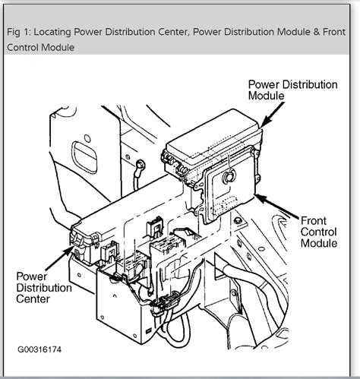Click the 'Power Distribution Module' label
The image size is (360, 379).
[292, 90]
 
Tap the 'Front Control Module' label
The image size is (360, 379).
[319, 232]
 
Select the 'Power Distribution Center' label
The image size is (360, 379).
[44, 288]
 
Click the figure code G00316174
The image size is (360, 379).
[39, 349]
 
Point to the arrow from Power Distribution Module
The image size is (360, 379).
[273, 115]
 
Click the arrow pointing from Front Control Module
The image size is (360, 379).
[278, 207]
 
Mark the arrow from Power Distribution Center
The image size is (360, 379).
[59, 258]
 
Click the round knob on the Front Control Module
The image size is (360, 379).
[229, 176]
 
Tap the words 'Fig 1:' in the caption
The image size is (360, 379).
[19, 32]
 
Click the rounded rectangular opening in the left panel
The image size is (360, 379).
[84, 157]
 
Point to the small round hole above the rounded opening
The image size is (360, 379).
[87, 138]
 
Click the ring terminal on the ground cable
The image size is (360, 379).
[141, 165]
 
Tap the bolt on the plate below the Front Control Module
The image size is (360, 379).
[238, 220]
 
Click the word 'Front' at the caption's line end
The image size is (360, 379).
[334, 32]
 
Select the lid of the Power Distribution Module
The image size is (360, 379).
[213, 134]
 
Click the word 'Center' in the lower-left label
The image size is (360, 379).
[33, 299]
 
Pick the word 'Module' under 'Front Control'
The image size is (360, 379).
[319, 243]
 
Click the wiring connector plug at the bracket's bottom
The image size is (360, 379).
[166, 302]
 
